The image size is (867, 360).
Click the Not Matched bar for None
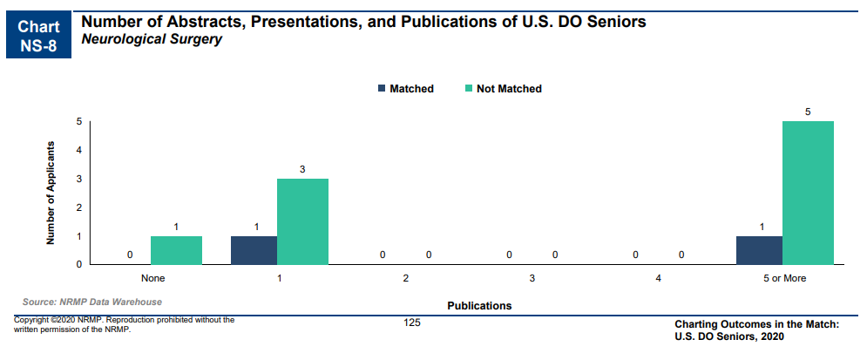176,250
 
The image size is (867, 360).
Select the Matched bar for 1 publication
254,250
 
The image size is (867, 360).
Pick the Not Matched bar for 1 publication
302,221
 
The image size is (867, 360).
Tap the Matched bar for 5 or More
759,250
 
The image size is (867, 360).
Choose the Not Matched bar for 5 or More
808,193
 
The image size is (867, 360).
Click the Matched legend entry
406,89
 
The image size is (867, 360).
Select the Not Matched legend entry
503,89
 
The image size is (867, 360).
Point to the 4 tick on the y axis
79,151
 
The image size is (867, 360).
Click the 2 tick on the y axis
79,207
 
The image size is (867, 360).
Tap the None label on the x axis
153,279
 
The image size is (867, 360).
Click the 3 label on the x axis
532,279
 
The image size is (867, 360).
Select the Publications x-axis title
479,305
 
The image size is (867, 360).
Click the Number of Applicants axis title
51,193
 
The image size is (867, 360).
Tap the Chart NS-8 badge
38,35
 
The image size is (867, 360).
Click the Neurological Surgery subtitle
152,40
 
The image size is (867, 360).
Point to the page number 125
412,323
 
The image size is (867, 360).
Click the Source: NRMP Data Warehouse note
92,302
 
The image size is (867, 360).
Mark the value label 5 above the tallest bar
808,112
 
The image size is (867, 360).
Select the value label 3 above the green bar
302,169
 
